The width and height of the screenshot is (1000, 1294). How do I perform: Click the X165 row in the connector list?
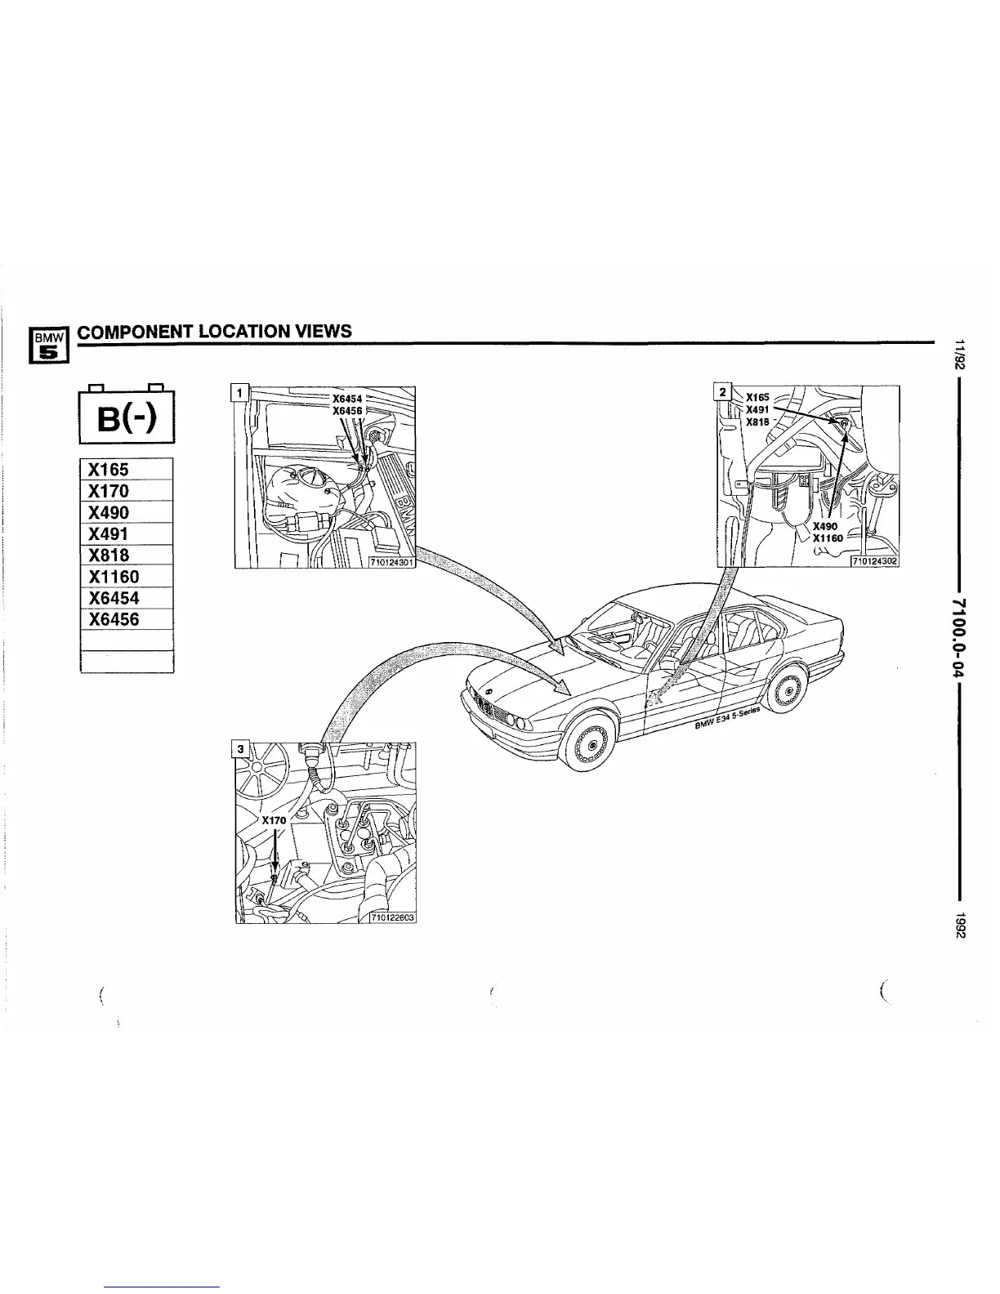(x=127, y=470)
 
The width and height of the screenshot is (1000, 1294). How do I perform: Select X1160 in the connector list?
(x=127, y=576)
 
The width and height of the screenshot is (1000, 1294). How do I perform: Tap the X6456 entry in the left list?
(x=127, y=619)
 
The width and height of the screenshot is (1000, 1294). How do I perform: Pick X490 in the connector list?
(x=127, y=512)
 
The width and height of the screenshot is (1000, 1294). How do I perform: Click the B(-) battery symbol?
(x=127, y=420)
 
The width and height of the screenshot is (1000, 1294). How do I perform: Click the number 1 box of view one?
(x=239, y=393)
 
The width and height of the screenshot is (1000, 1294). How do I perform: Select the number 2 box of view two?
(x=721, y=392)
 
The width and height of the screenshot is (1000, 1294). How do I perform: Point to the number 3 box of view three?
(x=239, y=748)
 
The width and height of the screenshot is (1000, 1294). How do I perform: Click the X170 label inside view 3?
(x=274, y=819)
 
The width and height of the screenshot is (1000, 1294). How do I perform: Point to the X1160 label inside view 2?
(x=828, y=538)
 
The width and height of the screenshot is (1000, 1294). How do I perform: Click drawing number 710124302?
(x=874, y=561)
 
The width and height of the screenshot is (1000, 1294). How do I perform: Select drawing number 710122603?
(x=392, y=917)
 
